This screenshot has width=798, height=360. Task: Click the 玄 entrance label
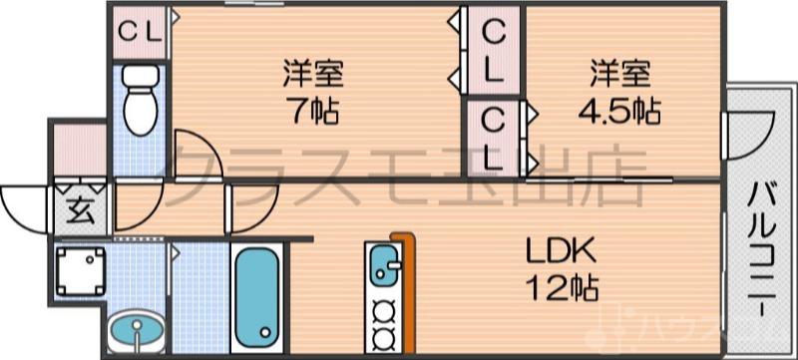coord(79,209)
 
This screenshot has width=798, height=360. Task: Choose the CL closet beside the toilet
coord(140,31)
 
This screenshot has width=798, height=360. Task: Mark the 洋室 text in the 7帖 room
coord(315,72)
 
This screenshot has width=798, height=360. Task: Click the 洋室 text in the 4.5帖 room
coord(620,72)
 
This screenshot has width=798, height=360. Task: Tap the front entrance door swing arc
coord(25,209)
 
